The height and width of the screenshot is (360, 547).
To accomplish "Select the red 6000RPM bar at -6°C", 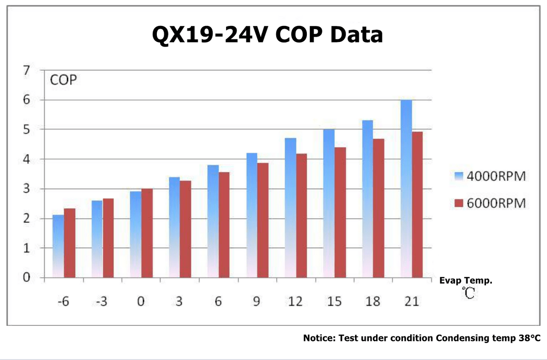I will (69, 243).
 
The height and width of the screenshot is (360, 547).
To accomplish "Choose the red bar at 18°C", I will (379, 208).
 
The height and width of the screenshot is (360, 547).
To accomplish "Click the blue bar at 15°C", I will (329, 203).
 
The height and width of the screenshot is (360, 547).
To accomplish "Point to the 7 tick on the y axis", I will (26, 71).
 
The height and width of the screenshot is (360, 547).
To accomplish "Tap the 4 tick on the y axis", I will (26, 159).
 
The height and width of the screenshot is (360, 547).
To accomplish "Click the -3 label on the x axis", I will (103, 302).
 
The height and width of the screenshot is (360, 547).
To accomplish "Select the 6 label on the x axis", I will (218, 302).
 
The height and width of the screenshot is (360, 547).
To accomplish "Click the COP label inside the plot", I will (63, 81).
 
